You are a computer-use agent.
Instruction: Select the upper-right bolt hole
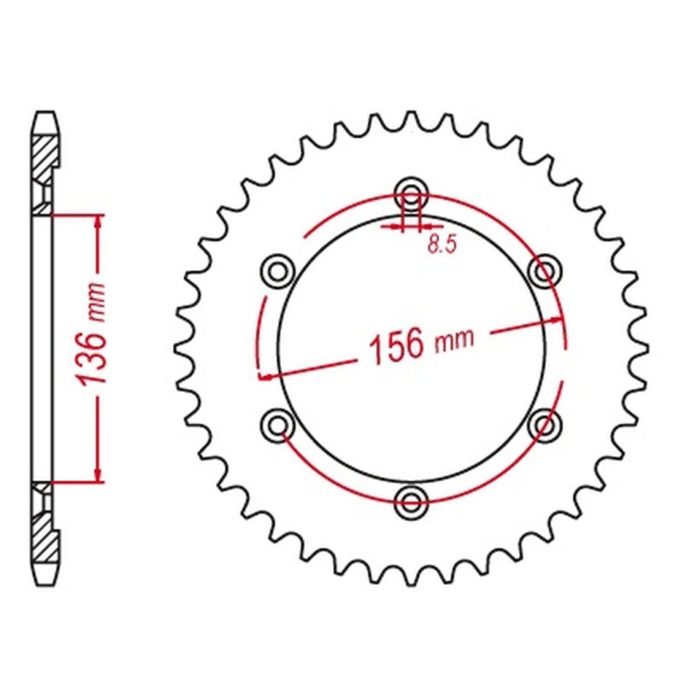544,271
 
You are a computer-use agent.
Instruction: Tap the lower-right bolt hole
544,423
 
